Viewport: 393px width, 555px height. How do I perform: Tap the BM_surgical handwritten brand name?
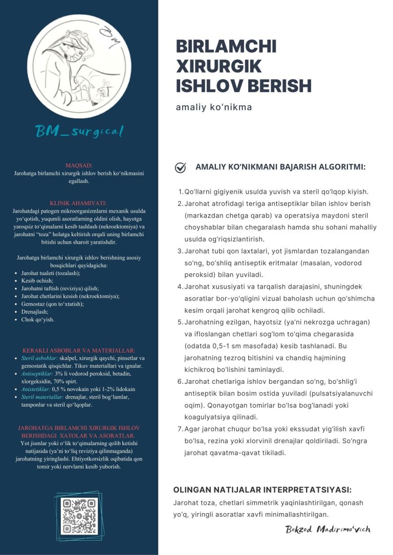pyautogui.click(x=79, y=132)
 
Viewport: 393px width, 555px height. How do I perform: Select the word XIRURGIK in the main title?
pyautogui.click(x=219, y=66)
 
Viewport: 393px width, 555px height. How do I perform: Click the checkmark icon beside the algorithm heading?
pyautogui.click(x=180, y=167)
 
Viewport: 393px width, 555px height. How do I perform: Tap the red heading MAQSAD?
pyautogui.click(x=79, y=166)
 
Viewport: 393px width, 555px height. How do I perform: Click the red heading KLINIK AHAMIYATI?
pyautogui.click(x=79, y=203)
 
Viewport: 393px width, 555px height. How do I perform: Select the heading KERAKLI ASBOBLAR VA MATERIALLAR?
pyautogui.click(x=79, y=351)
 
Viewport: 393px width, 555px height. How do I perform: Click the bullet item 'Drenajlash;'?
pyautogui.click(x=35, y=312)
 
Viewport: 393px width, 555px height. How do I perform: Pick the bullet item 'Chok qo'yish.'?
pyautogui.click(x=37, y=319)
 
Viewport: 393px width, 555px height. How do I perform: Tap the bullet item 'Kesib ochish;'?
pyautogui.click(x=37, y=281)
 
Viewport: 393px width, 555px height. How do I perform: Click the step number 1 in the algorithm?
pyautogui.click(x=180, y=192)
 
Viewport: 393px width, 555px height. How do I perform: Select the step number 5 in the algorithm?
pyautogui.click(x=180, y=322)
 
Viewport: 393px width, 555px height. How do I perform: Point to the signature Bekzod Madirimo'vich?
pyautogui.click(x=327, y=529)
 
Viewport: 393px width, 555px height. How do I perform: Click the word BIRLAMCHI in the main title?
pyautogui.click(x=226, y=47)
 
